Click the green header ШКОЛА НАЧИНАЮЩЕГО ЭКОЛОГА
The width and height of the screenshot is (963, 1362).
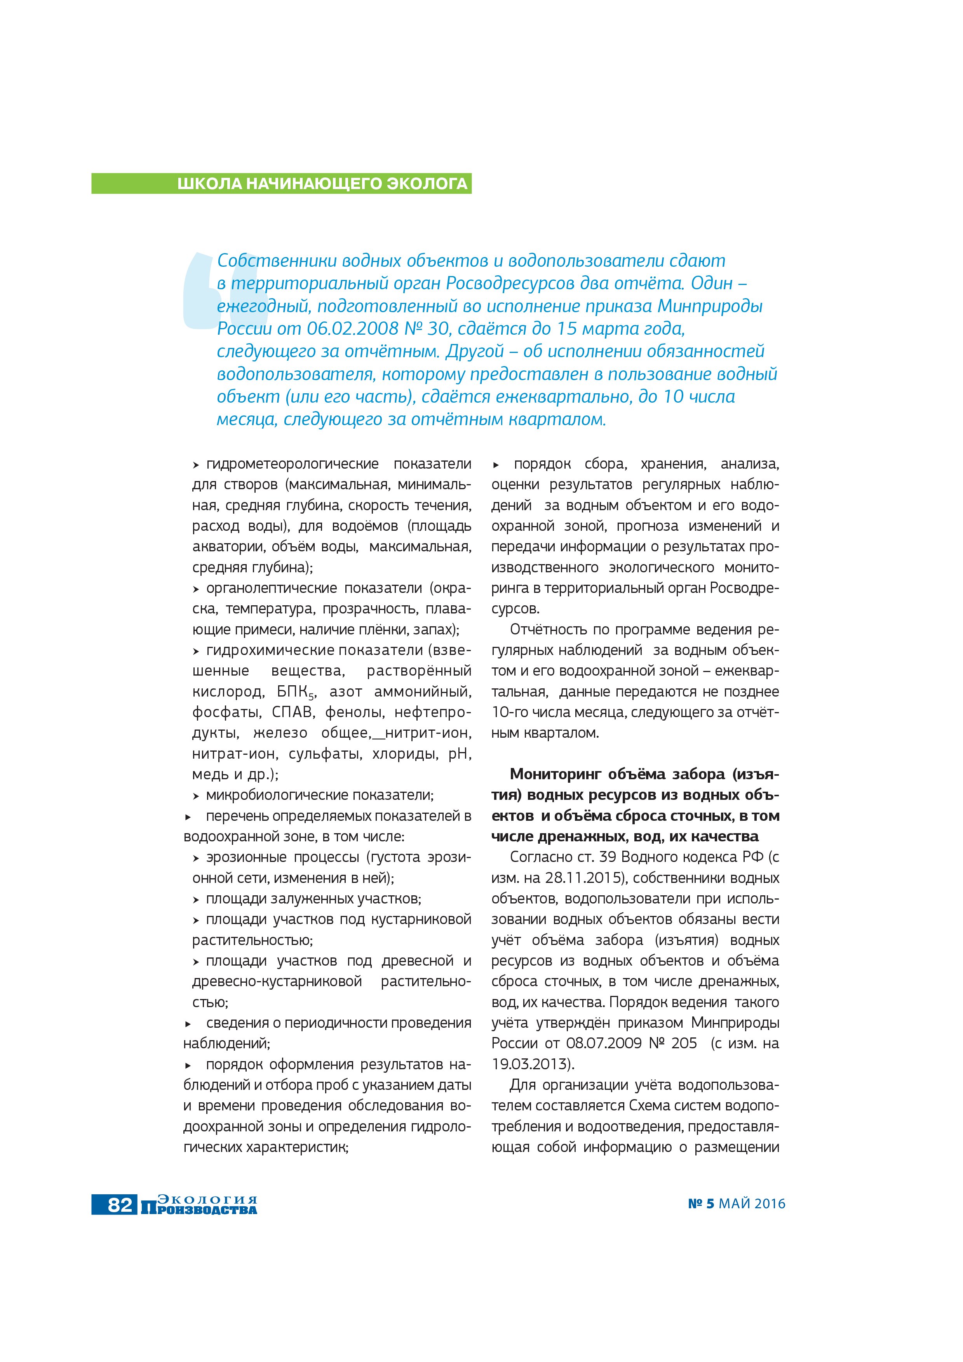click(322, 184)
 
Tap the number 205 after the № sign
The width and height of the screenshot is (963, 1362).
click(684, 1044)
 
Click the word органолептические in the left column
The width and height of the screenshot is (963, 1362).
click(273, 589)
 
